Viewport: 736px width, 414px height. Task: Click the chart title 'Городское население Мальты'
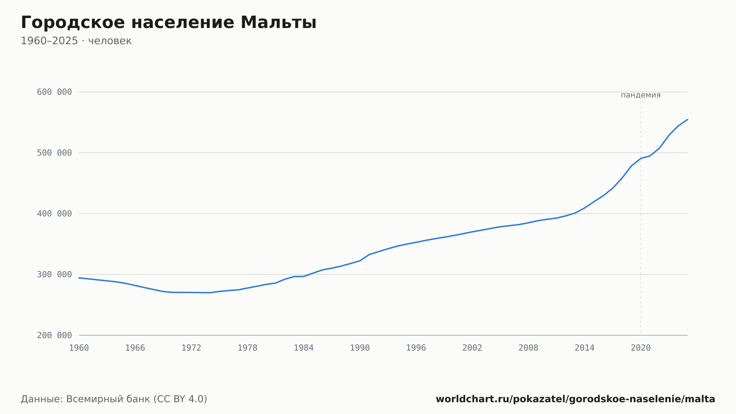169,22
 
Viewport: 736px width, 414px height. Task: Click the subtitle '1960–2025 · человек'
76,41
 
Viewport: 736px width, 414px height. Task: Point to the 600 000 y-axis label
54,92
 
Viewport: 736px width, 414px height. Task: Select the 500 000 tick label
54,153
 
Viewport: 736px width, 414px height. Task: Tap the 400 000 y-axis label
54,214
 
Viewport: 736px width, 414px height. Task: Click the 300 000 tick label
54,274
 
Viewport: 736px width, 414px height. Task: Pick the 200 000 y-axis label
54,335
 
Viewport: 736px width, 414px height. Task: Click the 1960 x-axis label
79,348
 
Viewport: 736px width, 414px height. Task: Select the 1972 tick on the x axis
191,348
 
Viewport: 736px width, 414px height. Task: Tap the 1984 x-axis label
304,348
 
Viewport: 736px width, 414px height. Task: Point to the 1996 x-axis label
416,348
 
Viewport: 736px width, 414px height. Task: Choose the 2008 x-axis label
528,348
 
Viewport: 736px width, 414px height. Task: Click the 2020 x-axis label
641,348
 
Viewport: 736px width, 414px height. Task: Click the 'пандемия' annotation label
641,95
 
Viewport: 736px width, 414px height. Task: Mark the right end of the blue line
687,119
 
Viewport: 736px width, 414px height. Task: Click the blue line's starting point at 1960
79,278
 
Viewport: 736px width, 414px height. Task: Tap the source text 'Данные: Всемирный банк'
85,399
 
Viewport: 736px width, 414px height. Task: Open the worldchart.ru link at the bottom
575,399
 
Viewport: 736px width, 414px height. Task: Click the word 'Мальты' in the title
279,22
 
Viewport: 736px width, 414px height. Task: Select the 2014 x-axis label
584,348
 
